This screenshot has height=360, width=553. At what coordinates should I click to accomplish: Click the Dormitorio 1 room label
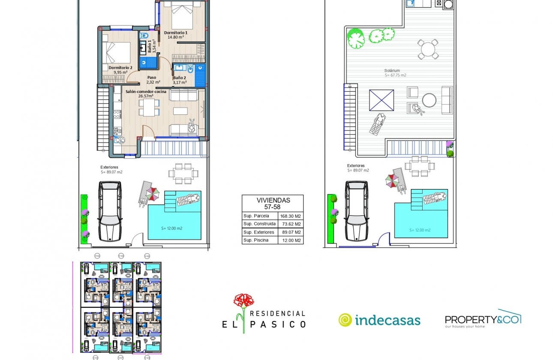(176, 33)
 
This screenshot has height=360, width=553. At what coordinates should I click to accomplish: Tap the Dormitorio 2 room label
(120, 68)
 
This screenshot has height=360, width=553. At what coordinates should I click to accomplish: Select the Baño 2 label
(180, 78)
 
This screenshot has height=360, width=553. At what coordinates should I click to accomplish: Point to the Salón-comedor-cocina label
(146, 91)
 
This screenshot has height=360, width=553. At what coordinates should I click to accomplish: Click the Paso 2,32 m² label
(152, 78)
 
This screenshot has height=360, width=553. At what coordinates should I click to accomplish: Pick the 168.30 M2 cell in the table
(291, 216)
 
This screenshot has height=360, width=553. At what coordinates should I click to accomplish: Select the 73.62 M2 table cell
(291, 224)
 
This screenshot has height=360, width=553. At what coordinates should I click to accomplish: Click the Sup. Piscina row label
(256, 240)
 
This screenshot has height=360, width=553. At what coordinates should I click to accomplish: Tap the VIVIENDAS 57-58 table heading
(273, 203)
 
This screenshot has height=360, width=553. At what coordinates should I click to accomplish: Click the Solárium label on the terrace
(392, 70)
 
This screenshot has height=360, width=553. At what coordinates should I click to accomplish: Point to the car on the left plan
(110, 211)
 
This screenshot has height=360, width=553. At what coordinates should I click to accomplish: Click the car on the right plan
(357, 211)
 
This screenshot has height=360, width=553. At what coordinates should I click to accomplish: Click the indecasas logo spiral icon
(345, 320)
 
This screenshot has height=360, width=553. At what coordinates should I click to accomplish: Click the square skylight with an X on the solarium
(381, 100)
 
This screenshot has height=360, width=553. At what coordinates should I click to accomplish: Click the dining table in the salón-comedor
(149, 107)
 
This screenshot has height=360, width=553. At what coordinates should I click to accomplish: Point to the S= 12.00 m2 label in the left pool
(172, 228)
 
